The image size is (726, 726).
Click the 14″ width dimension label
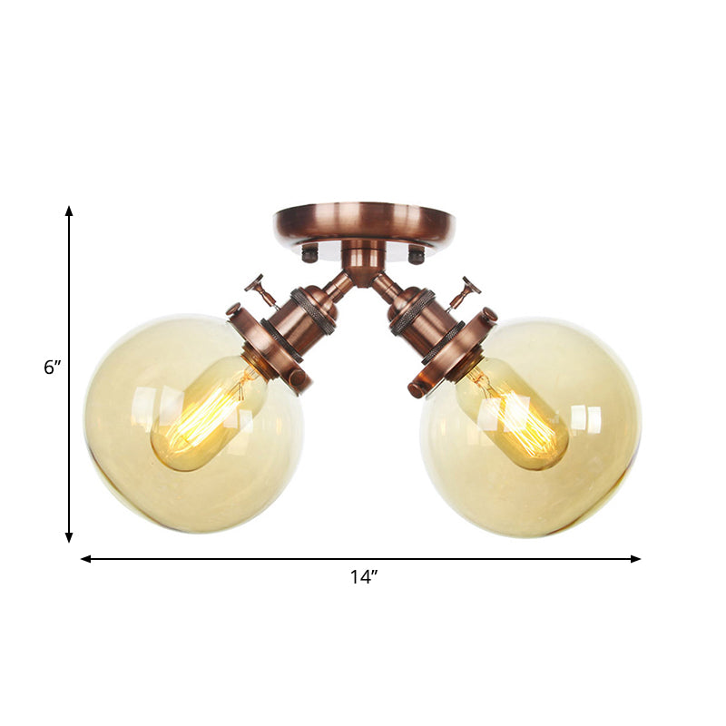363,578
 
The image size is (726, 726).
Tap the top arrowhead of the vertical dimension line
69,211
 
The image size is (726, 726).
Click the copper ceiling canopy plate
363,221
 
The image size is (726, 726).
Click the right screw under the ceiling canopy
416,255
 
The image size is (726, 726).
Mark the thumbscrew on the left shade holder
296,378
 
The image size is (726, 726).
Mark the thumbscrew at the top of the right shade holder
491,316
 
